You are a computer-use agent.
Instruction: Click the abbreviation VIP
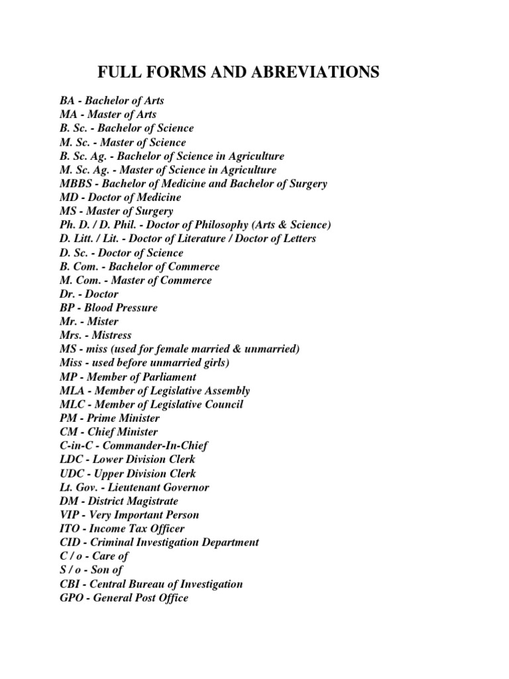click(69, 515)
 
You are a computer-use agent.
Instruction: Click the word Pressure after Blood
click(137, 308)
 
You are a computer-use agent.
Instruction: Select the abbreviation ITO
click(69, 528)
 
